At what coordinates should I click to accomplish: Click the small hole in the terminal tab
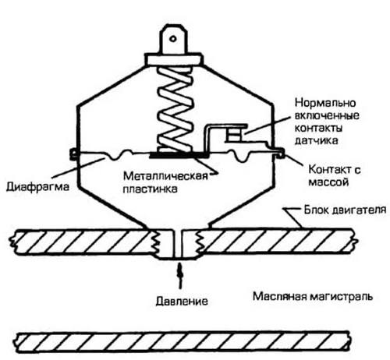[173, 39]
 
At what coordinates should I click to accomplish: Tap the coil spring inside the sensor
[175, 109]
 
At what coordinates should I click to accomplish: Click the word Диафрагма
[37, 187]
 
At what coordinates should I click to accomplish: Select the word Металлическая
[165, 176]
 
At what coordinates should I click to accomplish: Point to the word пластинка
[151, 189]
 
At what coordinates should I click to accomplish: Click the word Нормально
[325, 103]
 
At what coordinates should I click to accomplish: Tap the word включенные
[327, 115]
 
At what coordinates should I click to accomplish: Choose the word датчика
[317, 140]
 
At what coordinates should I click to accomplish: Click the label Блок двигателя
[346, 210]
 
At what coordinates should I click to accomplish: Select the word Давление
[182, 302]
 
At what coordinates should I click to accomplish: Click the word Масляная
[280, 296]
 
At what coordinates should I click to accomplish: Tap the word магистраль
[341, 297]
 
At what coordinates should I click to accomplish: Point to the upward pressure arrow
[179, 276]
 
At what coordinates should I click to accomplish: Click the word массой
[328, 182]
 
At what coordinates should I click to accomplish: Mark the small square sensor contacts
[234, 135]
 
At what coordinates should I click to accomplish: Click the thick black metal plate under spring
[179, 156]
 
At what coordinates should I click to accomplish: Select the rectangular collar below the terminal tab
[174, 59]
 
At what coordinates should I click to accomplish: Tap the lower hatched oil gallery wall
[182, 341]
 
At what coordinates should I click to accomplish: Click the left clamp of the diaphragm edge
[74, 154]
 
